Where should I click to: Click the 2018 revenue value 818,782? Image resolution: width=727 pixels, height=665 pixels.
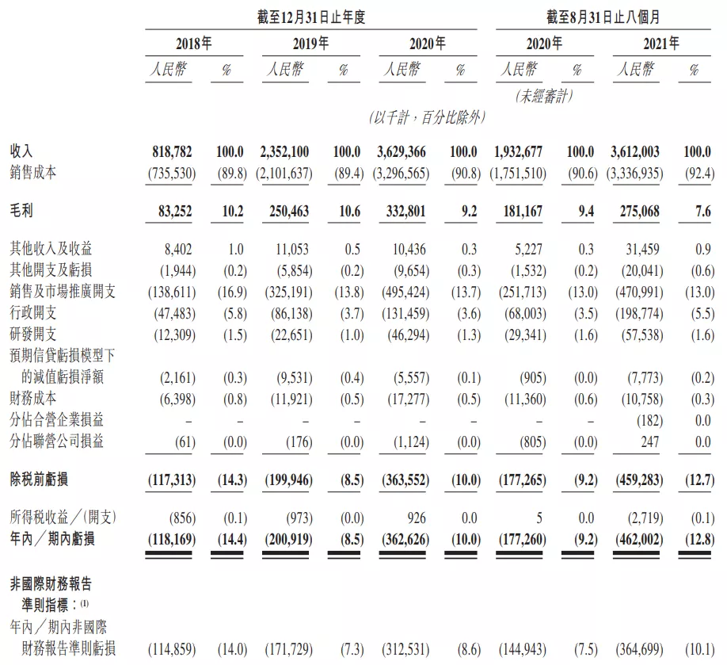click(173, 151)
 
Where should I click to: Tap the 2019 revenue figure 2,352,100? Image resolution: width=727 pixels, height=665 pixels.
click(285, 151)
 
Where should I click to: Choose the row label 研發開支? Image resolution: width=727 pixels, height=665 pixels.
click(33, 334)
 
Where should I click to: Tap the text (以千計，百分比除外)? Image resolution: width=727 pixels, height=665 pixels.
click(427, 117)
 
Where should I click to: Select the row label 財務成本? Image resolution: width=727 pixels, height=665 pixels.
click(33, 398)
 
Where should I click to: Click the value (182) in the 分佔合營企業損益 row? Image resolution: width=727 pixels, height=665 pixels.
click(648, 419)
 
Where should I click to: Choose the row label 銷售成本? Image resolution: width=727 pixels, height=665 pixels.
click(33, 173)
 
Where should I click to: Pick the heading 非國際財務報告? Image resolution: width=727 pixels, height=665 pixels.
click(51, 585)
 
